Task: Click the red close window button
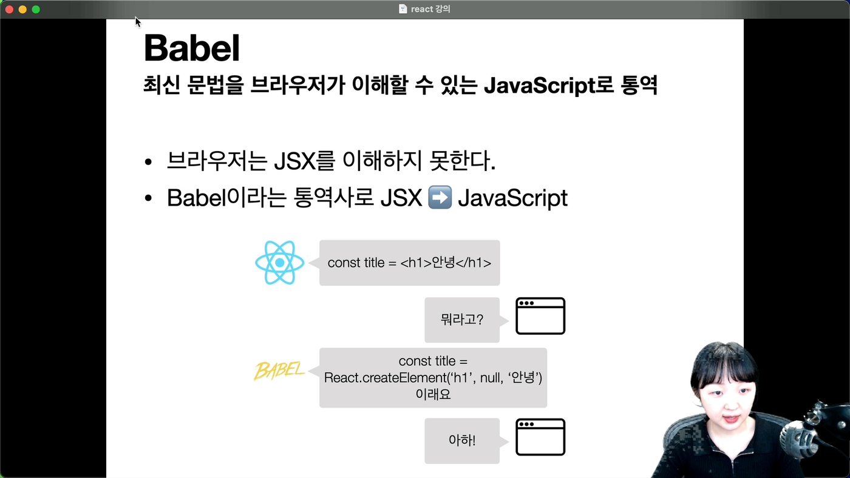click(10, 10)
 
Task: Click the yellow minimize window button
click(23, 10)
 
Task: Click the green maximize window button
click(36, 10)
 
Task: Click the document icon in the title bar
click(403, 8)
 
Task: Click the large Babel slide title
click(192, 48)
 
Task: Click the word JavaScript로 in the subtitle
click(549, 85)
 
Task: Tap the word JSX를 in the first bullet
click(304, 161)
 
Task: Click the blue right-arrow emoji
click(440, 197)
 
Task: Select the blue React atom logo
click(280, 262)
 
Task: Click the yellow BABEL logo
click(279, 371)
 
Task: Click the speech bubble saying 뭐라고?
click(462, 320)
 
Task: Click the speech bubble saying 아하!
click(462, 441)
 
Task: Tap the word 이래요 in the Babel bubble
click(433, 395)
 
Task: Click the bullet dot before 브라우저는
click(148, 162)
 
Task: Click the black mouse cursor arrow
click(138, 22)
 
